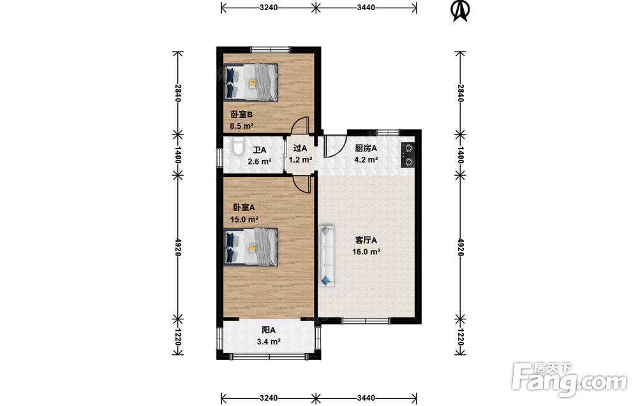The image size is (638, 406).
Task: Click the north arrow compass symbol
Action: pyautogui.click(x=461, y=11)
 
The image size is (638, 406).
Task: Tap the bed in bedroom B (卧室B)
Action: pyautogui.click(x=251, y=82)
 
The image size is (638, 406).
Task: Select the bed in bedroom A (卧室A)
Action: pyautogui.click(x=251, y=247)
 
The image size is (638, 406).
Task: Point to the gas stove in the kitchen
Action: pyautogui.click(x=408, y=156)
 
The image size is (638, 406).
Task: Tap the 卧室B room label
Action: pyautogui.click(x=242, y=115)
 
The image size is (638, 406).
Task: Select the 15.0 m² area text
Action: pyautogui.click(x=244, y=220)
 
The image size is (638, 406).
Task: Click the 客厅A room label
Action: pyautogui.click(x=366, y=240)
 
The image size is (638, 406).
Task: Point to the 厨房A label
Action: pyautogui.click(x=366, y=149)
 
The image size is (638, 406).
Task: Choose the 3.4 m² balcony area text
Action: pyautogui.click(x=269, y=342)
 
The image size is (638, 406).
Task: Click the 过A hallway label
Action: pyautogui.click(x=300, y=149)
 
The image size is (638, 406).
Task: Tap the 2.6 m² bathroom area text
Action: pyautogui.click(x=260, y=161)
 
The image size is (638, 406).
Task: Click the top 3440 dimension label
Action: pyautogui.click(x=366, y=7)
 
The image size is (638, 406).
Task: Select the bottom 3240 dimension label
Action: pyautogui.click(x=269, y=398)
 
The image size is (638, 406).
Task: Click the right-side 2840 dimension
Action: pyautogui.click(x=460, y=93)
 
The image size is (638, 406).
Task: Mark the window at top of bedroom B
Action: pyautogui.click(x=271, y=50)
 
